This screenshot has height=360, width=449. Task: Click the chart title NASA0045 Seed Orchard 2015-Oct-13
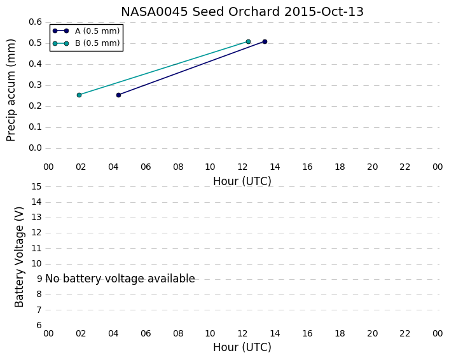pyautogui.click(x=242, y=11)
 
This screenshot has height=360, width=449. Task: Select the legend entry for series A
pyautogui.click(x=86, y=31)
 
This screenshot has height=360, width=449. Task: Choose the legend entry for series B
pyautogui.click(x=86, y=43)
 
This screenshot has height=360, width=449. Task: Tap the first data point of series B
pyautogui.click(x=79, y=95)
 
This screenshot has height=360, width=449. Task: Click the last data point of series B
pyautogui.click(x=248, y=42)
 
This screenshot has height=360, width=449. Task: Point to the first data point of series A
pyautogui.click(x=118, y=95)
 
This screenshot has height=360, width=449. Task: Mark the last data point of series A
pyautogui.click(x=265, y=42)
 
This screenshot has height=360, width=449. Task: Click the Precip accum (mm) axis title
pyautogui.click(x=11, y=90)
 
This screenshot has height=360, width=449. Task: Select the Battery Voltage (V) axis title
pyautogui.click(x=19, y=257)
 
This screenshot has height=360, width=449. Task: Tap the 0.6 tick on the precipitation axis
pyautogui.click(x=35, y=22)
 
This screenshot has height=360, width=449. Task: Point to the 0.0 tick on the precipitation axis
pyautogui.click(x=35, y=148)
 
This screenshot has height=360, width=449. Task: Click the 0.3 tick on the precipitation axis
pyautogui.click(x=35, y=85)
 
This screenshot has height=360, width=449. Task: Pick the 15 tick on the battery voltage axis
pyautogui.click(x=36, y=187)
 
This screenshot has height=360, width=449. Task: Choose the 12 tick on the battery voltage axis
pyautogui.click(x=36, y=233)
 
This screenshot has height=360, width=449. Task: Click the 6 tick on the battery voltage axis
pyautogui.click(x=39, y=326)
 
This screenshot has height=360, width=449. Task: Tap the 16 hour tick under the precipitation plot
pyautogui.click(x=308, y=167)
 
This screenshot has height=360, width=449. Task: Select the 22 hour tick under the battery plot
pyautogui.click(x=405, y=334)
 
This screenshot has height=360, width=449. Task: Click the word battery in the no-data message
pyautogui.click(x=82, y=279)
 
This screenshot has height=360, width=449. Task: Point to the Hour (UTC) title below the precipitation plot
pyautogui.click(x=242, y=181)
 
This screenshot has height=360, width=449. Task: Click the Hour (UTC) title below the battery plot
pyautogui.click(x=242, y=347)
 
